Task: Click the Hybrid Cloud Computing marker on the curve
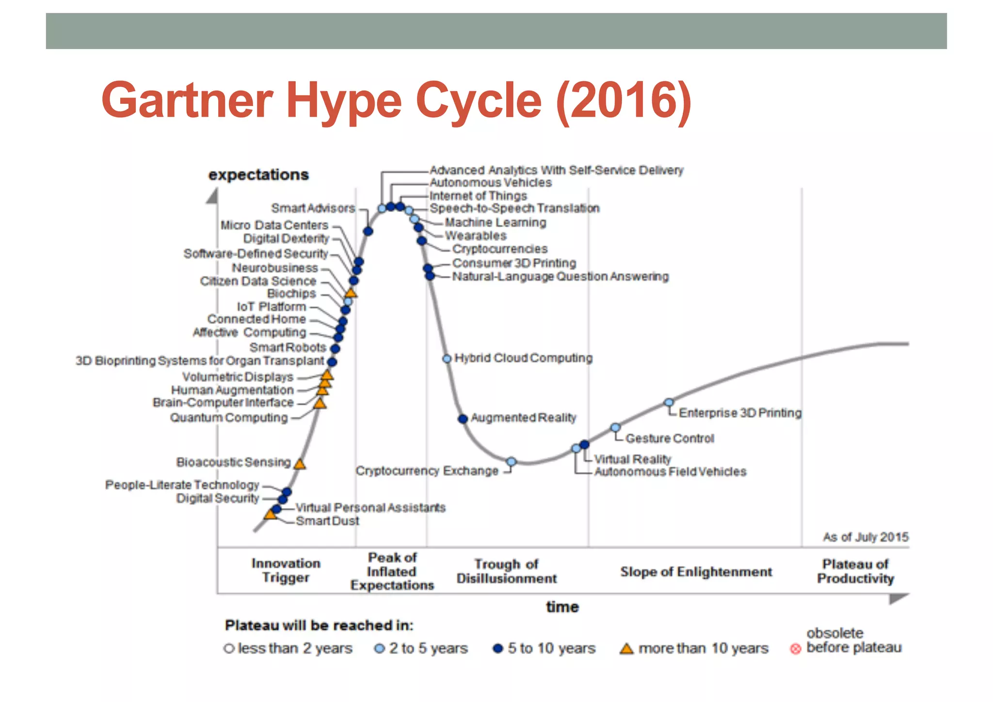coord(447,359)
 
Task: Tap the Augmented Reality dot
coord(463,418)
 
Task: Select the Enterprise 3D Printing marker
coord(669,402)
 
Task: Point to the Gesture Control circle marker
coord(615,427)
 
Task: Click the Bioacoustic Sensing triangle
coord(300,464)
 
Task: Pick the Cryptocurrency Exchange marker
coord(511,461)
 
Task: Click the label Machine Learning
coord(495,223)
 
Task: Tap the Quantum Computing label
coord(228,418)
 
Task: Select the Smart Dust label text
coord(327,521)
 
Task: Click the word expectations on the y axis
coord(258,175)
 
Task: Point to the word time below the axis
coord(562,607)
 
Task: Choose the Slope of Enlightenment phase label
coord(696,571)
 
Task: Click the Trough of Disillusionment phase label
coord(506,571)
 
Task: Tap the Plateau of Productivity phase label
coord(855,571)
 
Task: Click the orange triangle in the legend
coord(626,649)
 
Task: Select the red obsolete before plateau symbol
coord(795,649)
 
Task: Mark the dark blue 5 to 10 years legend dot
coord(497,649)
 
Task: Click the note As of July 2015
coord(865,537)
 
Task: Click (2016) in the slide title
coord(624,100)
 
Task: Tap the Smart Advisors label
coord(313,208)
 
